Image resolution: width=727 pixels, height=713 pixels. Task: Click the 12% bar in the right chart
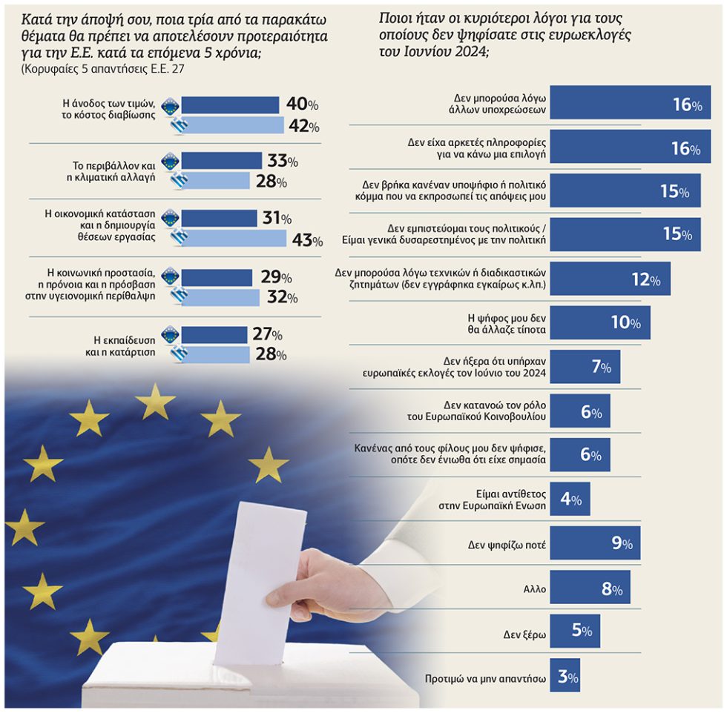tap(610, 279)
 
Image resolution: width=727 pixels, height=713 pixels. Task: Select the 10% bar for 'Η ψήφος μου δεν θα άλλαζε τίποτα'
tap(600, 322)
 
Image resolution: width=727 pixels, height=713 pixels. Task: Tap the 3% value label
tap(568, 677)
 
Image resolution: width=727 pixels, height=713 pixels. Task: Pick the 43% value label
tap(307, 240)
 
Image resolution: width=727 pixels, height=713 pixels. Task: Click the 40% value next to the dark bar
tap(303, 104)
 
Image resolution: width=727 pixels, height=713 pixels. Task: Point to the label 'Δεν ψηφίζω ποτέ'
tap(507, 545)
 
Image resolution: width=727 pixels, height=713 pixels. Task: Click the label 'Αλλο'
tap(535, 589)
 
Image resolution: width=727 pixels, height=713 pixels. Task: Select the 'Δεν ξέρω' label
tap(524, 634)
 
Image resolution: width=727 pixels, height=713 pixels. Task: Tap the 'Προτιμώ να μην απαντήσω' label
tap(485, 679)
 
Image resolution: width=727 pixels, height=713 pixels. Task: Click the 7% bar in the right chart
tap(585, 366)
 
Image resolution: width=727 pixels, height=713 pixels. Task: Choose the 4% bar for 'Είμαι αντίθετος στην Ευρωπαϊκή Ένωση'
tap(570, 499)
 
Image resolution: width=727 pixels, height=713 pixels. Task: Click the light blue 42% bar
tap(232, 125)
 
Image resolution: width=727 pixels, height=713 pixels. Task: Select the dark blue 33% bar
tap(221, 161)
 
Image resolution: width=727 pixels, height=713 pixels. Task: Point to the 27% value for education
tap(268, 334)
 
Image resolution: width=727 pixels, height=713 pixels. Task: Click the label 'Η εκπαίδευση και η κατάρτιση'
tap(120, 346)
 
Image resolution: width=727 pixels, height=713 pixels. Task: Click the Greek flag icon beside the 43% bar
tap(179, 238)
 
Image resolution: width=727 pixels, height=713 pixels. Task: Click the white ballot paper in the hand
tap(260, 580)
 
